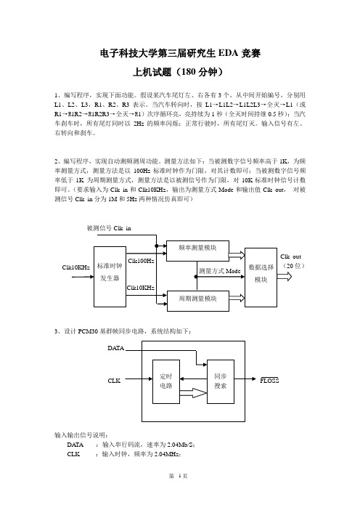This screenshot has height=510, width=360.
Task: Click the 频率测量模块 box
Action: [x=197, y=251]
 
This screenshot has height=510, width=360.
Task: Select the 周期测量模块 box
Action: [x=197, y=301]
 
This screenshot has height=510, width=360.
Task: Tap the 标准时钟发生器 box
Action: [x=110, y=277]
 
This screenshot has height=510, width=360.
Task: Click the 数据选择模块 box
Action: [x=261, y=278]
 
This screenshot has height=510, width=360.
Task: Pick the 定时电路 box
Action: [x=166, y=381]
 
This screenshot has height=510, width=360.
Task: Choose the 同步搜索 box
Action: [x=221, y=381]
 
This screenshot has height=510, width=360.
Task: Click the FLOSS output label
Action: [x=269, y=380]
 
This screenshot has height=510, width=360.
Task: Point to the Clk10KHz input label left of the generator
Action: [x=75, y=267]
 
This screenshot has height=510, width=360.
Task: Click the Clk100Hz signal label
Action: [x=141, y=261]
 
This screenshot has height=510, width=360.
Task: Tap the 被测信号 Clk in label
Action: [x=109, y=228]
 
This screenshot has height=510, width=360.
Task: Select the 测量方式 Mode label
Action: [x=220, y=271]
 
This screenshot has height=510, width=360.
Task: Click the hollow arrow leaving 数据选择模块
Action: [x=285, y=277]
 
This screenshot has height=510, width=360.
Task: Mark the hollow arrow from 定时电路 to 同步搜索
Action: [x=193, y=393]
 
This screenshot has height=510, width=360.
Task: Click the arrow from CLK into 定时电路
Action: [x=139, y=379]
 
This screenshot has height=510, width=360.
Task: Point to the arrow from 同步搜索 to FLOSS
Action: [x=245, y=379]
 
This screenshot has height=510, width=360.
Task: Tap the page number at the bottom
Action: [x=179, y=476]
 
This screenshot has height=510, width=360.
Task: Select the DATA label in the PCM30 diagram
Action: [x=116, y=348]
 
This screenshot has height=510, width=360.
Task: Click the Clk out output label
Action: [x=291, y=256]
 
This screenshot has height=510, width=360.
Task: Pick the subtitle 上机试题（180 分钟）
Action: [x=178, y=72]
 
